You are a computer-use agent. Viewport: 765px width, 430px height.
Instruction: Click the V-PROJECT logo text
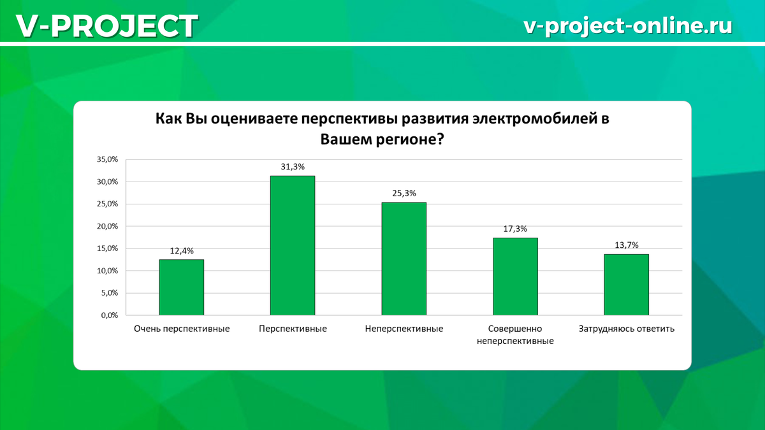click(107, 26)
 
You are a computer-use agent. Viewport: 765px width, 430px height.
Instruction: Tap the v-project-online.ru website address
click(628, 26)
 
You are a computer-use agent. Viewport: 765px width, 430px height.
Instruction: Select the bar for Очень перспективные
click(182, 287)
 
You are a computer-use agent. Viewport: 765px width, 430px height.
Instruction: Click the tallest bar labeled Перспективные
click(293, 245)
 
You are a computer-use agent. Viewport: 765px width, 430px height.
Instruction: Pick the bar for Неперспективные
click(404, 259)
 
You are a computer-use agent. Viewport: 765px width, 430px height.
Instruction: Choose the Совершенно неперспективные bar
click(515, 276)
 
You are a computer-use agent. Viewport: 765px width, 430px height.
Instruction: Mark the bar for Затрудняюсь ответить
click(626, 285)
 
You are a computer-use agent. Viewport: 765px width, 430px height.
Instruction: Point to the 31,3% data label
click(293, 167)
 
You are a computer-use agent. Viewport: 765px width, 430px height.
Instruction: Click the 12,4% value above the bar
click(182, 251)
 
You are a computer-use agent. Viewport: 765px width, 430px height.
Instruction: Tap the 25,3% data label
click(404, 194)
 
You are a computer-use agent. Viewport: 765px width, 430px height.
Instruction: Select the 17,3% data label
click(515, 229)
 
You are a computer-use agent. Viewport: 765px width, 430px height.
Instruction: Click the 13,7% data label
click(626, 245)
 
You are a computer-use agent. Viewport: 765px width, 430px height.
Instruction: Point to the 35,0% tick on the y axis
click(107, 159)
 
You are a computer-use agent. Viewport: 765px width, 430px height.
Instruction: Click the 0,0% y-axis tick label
click(109, 315)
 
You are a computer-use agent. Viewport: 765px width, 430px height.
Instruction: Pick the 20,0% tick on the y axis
click(107, 226)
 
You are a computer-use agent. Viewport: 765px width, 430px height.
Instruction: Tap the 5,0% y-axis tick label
click(109, 293)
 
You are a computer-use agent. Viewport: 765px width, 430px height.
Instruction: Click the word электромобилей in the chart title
click(532, 119)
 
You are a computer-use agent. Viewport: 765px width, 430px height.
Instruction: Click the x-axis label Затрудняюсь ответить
click(626, 329)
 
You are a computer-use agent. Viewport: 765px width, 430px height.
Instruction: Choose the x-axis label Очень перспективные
click(182, 329)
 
